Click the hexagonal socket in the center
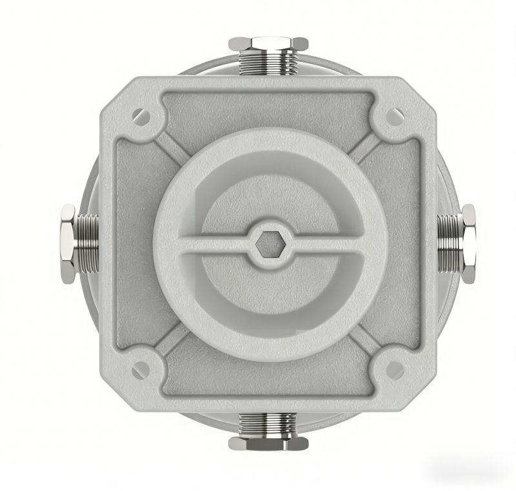tap(267, 244)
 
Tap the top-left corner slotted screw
tap(141, 117)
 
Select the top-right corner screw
tap(394, 117)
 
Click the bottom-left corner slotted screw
tap(141, 370)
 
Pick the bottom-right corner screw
tap(394, 370)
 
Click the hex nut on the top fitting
tap(268, 44)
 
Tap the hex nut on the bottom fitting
tap(268, 443)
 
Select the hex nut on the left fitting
tap(68, 243)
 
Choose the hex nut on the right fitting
tap(468, 243)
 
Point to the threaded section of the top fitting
tap(268, 63)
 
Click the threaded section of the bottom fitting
tap(268, 424)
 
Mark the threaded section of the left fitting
tap(87, 243)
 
